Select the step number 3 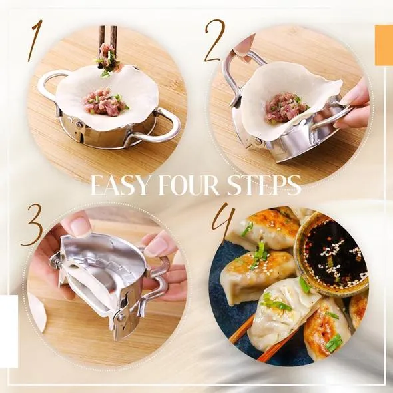(33, 225)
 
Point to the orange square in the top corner (384, 45)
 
